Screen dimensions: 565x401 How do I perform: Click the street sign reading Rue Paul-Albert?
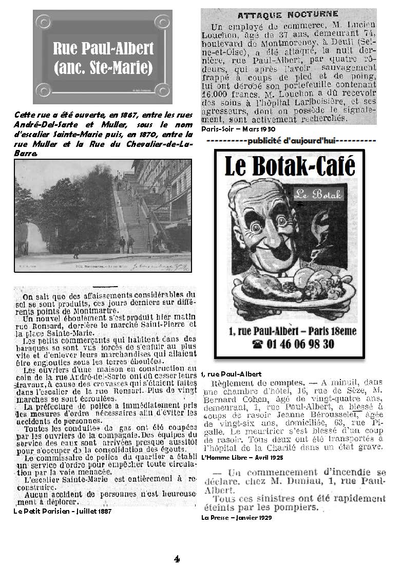pyautogui.click(x=103, y=58)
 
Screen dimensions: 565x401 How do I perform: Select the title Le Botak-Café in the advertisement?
pyautogui.click(x=290, y=166)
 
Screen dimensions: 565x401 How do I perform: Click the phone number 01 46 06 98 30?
pyautogui.click(x=289, y=344)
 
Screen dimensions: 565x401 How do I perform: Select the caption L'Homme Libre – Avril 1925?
pyautogui.click(x=242, y=457)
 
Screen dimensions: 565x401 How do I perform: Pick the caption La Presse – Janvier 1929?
pyautogui.click(x=237, y=517)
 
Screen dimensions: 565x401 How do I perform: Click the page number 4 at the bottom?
pyautogui.click(x=176, y=558)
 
